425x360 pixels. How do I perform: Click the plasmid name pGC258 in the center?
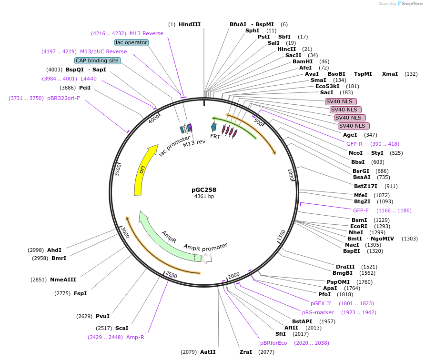point(204,190)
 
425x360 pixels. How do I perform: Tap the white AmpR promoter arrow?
point(207,258)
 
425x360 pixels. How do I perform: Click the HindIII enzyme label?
point(190,24)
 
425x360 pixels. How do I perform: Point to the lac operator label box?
point(132,42)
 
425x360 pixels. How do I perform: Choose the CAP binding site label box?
point(98,60)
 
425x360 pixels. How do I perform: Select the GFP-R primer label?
point(354,144)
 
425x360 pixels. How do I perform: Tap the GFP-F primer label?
point(361,210)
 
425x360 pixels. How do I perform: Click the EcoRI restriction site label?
point(359,226)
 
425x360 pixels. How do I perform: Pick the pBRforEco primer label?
point(273,343)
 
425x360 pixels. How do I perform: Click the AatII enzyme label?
point(208,352)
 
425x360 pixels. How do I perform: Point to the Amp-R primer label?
point(135,337)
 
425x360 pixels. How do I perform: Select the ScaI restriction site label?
point(122,328)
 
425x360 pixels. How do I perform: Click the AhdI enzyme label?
point(54,250)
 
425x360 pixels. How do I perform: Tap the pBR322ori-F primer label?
point(64,98)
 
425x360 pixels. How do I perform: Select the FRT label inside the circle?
point(215,136)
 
